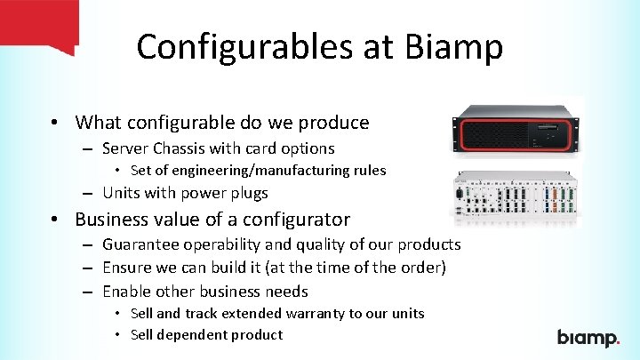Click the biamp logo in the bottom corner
588,338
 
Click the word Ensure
126,268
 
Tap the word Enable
126,291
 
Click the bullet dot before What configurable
55,123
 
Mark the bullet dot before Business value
55,220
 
